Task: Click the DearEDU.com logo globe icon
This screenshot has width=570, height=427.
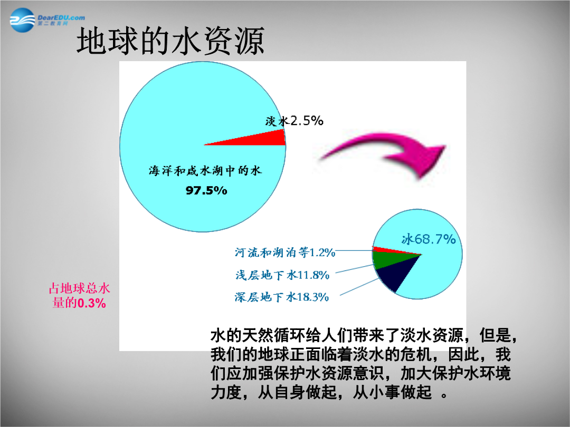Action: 22,21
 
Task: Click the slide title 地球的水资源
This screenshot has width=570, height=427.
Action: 170,41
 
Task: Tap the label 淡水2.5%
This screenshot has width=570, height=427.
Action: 294,121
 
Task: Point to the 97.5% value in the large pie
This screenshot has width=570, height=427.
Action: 206,190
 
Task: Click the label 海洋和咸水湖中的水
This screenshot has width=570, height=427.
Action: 205,171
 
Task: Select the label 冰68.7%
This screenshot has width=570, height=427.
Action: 429,239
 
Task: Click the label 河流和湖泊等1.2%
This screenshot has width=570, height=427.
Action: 285,253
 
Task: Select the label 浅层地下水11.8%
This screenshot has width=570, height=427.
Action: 282,275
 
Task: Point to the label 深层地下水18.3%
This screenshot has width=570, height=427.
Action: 282,297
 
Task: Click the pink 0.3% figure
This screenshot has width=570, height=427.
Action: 92,303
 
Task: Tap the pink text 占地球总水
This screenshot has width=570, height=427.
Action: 79,288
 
